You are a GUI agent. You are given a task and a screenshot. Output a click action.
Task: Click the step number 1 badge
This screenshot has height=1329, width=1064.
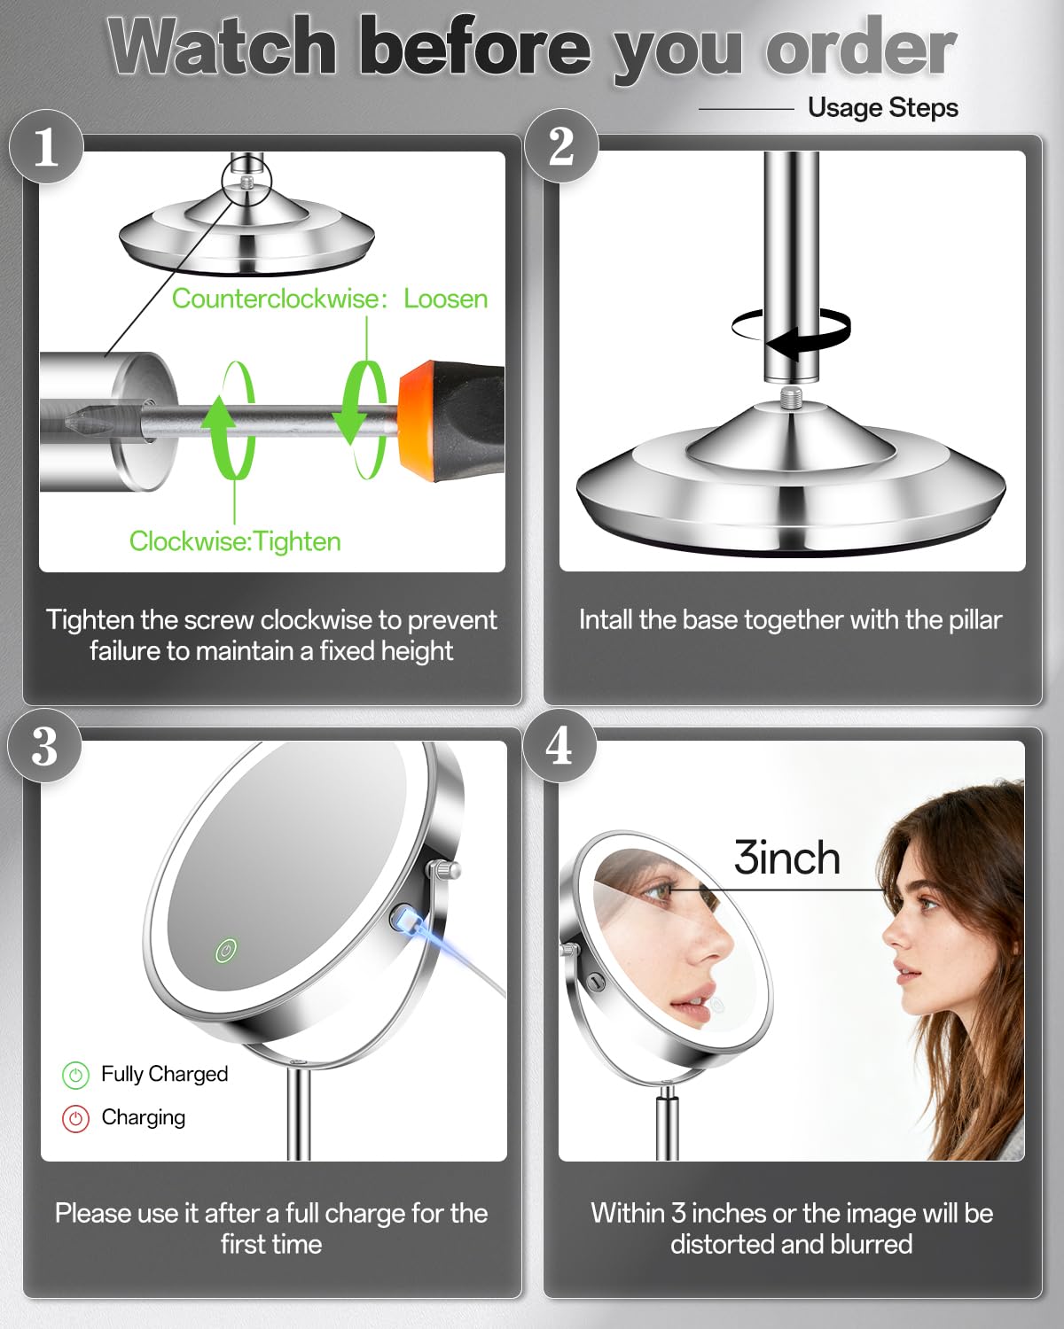click(x=46, y=146)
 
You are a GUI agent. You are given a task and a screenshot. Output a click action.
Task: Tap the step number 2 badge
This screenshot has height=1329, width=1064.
click(x=561, y=145)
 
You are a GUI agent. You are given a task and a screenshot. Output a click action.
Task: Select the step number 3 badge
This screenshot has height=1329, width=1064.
click(x=44, y=745)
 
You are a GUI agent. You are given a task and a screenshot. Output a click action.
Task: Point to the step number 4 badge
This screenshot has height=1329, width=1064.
click(x=559, y=745)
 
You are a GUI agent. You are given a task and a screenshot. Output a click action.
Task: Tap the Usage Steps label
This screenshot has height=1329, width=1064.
click(x=883, y=107)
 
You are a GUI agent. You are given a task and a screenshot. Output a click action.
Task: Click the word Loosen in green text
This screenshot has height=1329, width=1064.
click(x=446, y=299)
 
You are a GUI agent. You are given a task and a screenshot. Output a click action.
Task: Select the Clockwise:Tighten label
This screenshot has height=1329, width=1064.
click(x=235, y=541)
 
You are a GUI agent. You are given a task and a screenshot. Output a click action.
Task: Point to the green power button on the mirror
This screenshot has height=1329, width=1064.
click(x=226, y=951)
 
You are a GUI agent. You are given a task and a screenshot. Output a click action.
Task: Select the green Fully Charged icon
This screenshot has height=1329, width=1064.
click(x=75, y=1076)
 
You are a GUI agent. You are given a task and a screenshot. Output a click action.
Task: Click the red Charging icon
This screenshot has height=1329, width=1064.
click(x=75, y=1118)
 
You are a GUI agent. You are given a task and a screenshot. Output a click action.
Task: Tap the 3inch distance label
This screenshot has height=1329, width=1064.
click(x=787, y=858)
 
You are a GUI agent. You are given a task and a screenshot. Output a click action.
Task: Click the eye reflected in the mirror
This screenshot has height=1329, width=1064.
click(x=655, y=892)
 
